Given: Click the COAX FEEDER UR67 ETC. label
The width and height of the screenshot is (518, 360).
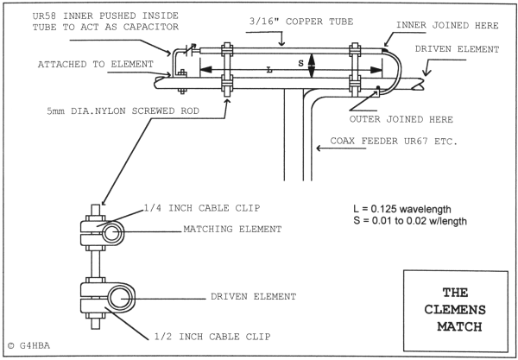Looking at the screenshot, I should click(x=393, y=148).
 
